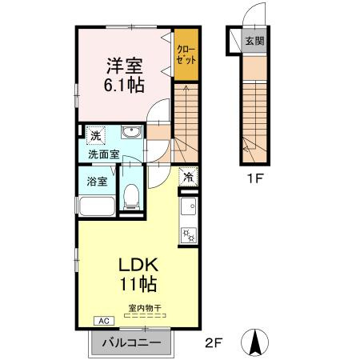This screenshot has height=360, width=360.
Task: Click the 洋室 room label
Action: [125, 66]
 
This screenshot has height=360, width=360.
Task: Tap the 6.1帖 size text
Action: [124, 85]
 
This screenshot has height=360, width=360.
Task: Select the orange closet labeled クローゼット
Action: [186, 54]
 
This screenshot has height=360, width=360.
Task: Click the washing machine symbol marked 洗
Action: [96, 136]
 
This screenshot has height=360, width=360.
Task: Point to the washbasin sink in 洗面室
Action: [131, 132]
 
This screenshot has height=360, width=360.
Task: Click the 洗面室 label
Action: [103, 154]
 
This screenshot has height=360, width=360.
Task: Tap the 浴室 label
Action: [97, 182]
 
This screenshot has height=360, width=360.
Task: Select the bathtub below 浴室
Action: [98, 206]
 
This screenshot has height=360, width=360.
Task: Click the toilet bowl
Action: [131, 197]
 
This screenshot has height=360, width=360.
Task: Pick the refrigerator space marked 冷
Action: [189, 176]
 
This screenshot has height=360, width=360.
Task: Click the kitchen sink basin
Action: [189, 206]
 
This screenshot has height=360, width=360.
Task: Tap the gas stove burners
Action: [189, 235]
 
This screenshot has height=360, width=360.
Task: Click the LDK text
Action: [138, 265]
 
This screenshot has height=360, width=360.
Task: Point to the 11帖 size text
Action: [138, 284]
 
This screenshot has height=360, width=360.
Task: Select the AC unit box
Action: [104, 321]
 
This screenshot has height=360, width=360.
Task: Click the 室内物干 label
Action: [145, 308]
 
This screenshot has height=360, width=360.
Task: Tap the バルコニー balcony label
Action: [132, 342]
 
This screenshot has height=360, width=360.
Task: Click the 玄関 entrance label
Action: [254, 41]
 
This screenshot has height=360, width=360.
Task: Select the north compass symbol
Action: [254, 342]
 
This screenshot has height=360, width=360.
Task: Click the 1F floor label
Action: [255, 178]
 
